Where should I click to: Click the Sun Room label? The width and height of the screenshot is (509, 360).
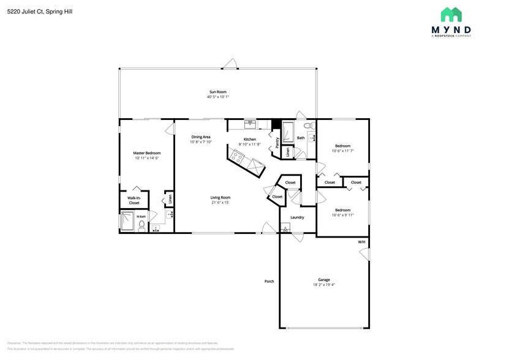[217, 92]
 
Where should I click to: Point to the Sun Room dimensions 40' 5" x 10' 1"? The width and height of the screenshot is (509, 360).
[217, 97]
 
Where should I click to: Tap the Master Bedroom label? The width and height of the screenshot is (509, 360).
[147, 153]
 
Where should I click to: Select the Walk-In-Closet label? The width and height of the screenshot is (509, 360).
[134, 200]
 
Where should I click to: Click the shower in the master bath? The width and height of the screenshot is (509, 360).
[127, 221]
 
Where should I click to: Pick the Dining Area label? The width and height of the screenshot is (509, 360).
[201, 137]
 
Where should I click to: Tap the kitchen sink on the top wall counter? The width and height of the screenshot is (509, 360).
[250, 124]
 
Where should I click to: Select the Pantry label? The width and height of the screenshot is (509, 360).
[277, 143]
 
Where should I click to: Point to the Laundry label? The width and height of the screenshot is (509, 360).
[297, 217]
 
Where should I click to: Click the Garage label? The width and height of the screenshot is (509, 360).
[324, 279]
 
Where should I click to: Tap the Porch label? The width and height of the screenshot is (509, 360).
[269, 282]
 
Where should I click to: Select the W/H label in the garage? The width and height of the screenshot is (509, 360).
[361, 242]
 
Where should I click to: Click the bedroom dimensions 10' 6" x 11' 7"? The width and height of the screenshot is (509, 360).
[342, 151]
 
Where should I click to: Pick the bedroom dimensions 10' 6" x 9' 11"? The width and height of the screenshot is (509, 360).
[342, 215]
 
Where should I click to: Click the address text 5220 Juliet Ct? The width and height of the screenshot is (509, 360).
[27, 10]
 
